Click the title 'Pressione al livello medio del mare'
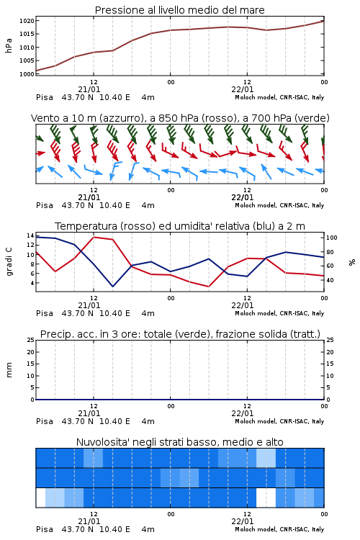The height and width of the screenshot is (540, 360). pos(179,10)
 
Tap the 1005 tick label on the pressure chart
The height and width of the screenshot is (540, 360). pos(27,60)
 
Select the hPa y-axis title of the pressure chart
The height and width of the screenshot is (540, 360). pos(9,45)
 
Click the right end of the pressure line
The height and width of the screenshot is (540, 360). pos(324,21)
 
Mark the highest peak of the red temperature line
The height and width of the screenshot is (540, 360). pos(94,237)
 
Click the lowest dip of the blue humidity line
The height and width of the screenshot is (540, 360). pos(112,287)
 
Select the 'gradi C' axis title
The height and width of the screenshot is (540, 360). pos(9,262)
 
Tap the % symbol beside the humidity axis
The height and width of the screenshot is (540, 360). pos(352,262)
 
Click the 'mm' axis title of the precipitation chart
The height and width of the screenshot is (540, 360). pos(9,370)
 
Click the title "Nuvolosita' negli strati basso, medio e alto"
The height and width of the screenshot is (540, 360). pos(179,442)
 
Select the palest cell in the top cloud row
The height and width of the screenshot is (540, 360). pos(266,458)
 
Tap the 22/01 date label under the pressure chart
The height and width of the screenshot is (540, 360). pos(242,89)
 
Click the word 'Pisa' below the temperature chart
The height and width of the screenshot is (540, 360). pos(45,313)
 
